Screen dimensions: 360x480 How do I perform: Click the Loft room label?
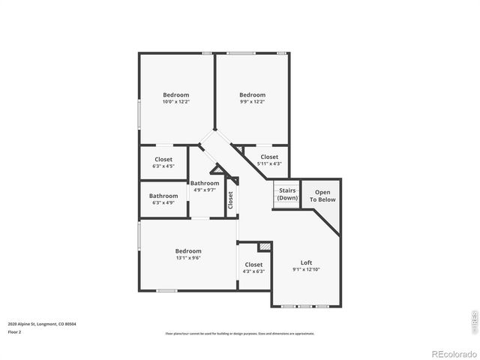pos(306,262)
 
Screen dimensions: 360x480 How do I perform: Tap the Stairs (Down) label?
pos(287,194)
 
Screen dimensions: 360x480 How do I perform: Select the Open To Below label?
pos(325,196)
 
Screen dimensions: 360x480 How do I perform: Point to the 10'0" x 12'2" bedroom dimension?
pos(176,102)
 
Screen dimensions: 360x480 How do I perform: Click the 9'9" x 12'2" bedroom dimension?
pos(252,102)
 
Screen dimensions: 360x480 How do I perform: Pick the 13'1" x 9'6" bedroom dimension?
pos(188,258)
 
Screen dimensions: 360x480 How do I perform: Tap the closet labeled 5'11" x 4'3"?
pos(268,163)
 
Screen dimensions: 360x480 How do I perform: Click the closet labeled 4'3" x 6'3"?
pos(253,271)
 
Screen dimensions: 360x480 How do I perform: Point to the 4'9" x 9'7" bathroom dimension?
pos(205,190)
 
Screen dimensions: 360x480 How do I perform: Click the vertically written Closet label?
pos(231,199)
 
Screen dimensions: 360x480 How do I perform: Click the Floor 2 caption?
pos(15,331)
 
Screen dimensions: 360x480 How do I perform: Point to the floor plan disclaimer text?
pos(240,332)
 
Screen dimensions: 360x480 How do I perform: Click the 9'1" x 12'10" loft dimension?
pos(306,269)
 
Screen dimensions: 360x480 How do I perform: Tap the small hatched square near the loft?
pos(264,246)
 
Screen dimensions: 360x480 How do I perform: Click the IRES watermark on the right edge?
pos(473,319)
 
